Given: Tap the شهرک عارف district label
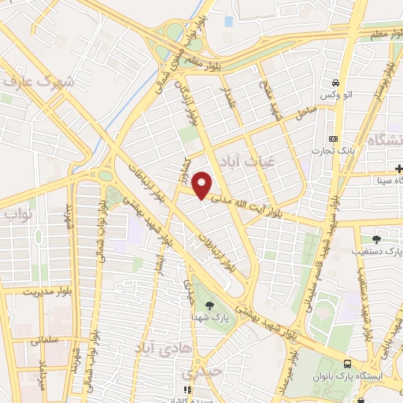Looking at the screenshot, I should (x=39, y=81).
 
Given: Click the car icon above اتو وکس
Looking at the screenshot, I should (x=336, y=83).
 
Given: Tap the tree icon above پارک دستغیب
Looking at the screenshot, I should (x=375, y=238).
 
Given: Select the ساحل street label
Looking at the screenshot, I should (x=303, y=113).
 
